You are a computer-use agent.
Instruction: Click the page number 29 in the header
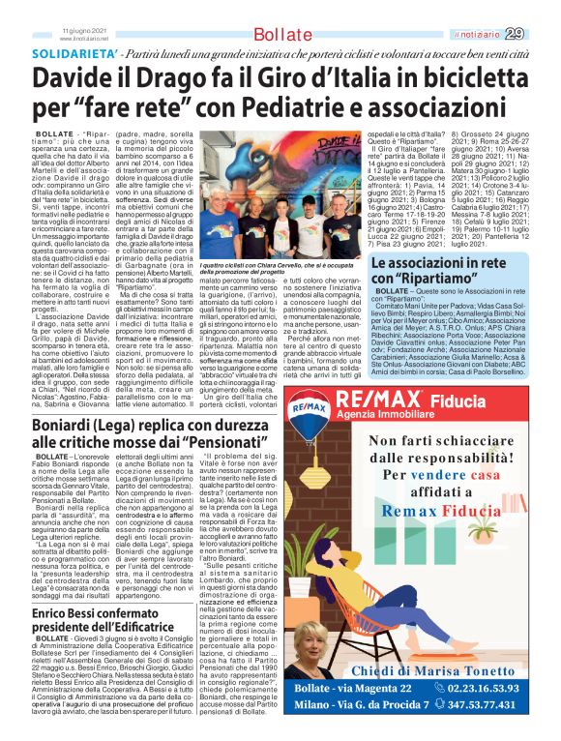coord(541,34)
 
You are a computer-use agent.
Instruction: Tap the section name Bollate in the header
coord(280,35)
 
